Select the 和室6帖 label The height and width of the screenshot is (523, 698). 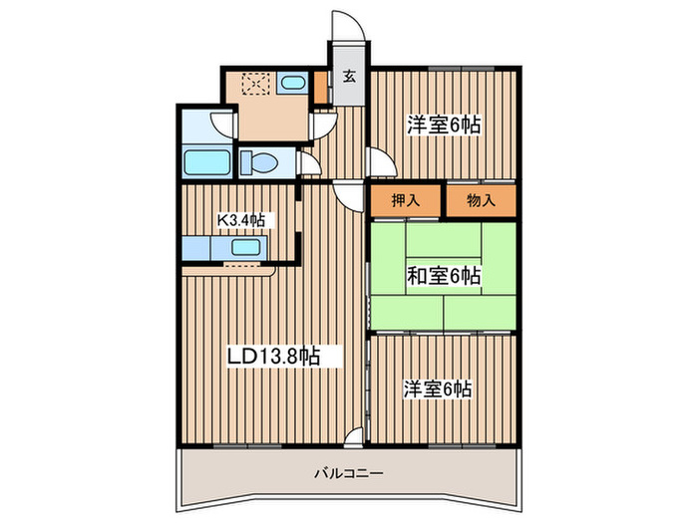444,276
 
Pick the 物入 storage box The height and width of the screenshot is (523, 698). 482,200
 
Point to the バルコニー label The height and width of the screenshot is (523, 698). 348,473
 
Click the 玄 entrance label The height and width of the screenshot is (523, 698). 350,77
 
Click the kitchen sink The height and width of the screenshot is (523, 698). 245,249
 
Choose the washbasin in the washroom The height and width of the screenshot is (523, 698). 292,84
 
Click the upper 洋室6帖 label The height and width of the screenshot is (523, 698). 444,126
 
